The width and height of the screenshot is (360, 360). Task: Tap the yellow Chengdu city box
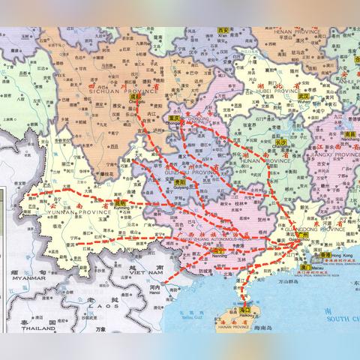136,97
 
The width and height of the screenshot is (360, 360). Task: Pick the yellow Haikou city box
245,310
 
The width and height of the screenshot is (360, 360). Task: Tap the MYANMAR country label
23,277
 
